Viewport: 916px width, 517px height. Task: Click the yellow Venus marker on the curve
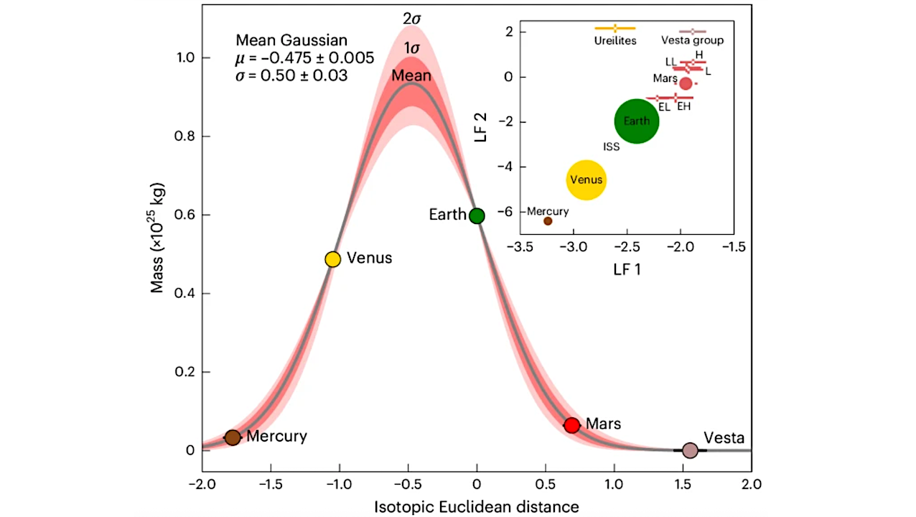pyautogui.click(x=332, y=259)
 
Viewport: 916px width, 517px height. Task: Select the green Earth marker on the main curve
pyautogui.click(x=477, y=215)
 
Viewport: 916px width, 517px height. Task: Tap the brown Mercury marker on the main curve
pyautogui.click(x=232, y=437)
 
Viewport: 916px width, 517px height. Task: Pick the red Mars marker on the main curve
pyautogui.click(x=571, y=425)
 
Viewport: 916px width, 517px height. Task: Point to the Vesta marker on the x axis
pyautogui.click(x=690, y=450)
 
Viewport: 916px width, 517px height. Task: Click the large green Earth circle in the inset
pyautogui.click(x=636, y=121)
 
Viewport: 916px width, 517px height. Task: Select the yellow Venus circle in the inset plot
pyautogui.click(x=586, y=180)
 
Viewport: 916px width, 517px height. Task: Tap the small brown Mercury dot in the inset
pyautogui.click(x=548, y=221)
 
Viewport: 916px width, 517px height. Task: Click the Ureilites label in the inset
pyautogui.click(x=615, y=40)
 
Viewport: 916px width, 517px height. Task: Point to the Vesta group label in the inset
pyautogui.click(x=692, y=40)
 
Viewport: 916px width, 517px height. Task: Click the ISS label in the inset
pyautogui.click(x=611, y=146)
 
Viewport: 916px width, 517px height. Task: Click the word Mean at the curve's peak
pyautogui.click(x=411, y=75)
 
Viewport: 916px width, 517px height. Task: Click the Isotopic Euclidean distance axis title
pyautogui.click(x=476, y=507)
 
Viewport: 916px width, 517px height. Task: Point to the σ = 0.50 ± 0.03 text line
pyautogui.click(x=291, y=75)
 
